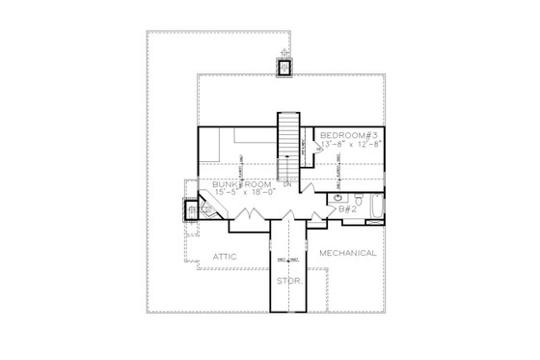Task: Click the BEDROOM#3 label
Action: (x=351, y=133)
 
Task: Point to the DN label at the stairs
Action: (x=287, y=183)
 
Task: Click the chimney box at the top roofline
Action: (x=284, y=67)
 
